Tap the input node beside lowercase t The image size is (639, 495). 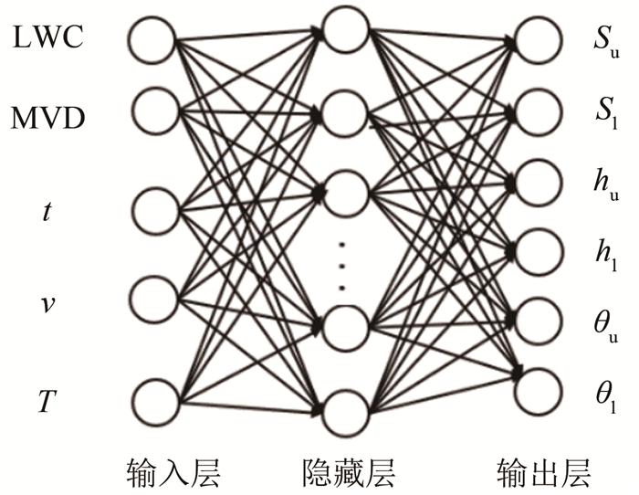[x=152, y=208]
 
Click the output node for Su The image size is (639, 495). [x=537, y=39]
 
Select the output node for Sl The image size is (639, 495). [x=537, y=110]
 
